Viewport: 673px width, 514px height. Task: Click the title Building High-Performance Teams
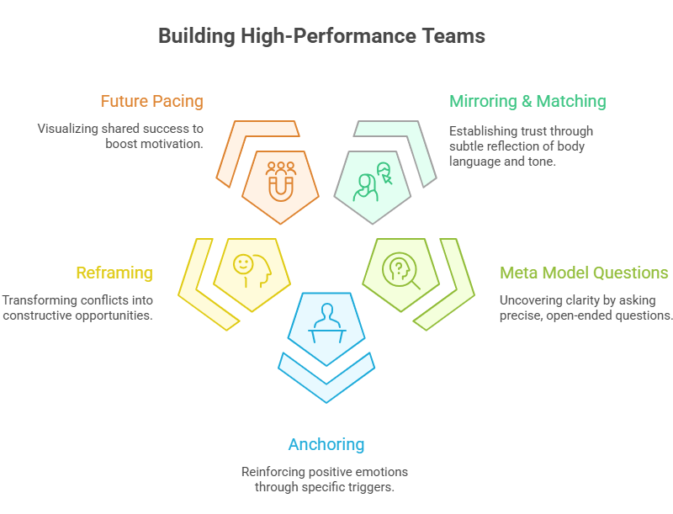pyautogui.click(x=321, y=36)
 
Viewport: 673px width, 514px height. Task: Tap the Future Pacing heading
pyautogui.click(x=151, y=102)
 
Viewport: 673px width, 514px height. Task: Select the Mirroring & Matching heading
pyautogui.click(x=527, y=102)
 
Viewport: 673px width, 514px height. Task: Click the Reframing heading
pyautogui.click(x=114, y=273)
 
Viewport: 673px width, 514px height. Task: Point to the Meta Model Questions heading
pyautogui.click(x=584, y=273)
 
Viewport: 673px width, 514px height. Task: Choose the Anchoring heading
pyautogui.click(x=326, y=444)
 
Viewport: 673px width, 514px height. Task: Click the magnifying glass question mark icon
pyautogui.click(x=400, y=269)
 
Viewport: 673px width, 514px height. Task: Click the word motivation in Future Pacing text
pyautogui.click(x=175, y=145)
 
